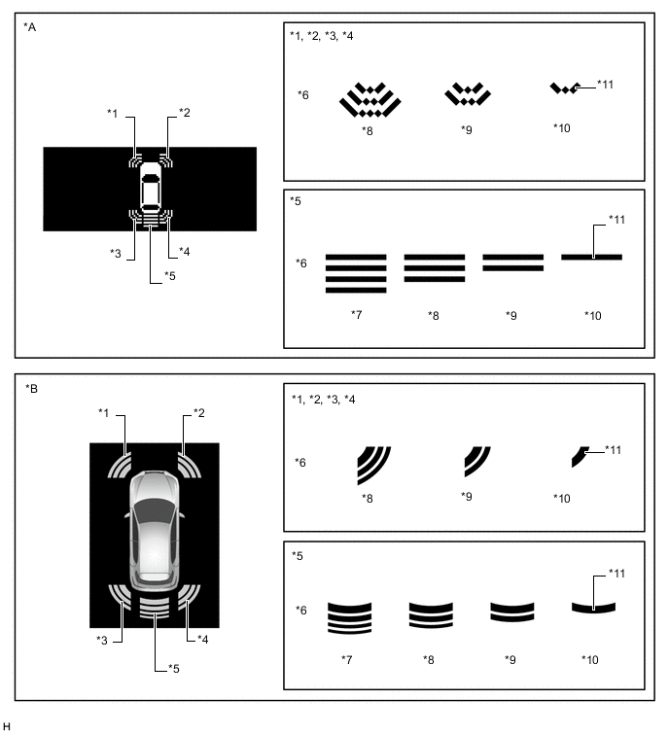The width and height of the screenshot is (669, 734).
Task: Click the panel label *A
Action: pyautogui.click(x=29, y=27)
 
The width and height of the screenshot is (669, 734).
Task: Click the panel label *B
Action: pyautogui.click(x=31, y=389)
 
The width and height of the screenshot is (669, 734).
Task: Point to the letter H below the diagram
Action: pyautogui.click(x=7, y=726)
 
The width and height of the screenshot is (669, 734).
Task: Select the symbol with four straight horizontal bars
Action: pyautogui.click(x=356, y=273)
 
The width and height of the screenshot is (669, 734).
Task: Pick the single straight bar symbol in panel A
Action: pyautogui.click(x=592, y=257)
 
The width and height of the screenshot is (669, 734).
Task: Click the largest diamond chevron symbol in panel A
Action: pyautogui.click(x=370, y=99)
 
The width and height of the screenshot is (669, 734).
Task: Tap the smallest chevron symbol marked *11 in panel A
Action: pyautogui.click(x=565, y=88)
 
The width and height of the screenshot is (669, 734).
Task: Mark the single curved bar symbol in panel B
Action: pyautogui.click(x=593, y=608)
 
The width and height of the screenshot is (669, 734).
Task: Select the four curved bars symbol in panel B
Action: pyautogui.click(x=350, y=618)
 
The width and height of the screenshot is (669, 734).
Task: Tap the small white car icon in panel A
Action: pyautogui.click(x=151, y=189)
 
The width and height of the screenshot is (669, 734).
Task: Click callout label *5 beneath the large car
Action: pyautogui.click(x=174, y=669)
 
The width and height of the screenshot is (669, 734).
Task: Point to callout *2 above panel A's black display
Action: pyautogui.click(x=185, y=113)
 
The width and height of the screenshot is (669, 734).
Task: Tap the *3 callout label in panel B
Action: pyautogui.click(x=102, y=640)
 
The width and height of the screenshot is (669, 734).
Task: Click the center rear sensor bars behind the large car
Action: pyautogui.click(x=155, y=608)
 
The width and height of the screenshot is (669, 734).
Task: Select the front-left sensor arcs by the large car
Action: pyautogui.click(x=120, y=466)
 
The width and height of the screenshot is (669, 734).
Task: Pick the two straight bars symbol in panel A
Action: pyautogui.click(x=513, y=262)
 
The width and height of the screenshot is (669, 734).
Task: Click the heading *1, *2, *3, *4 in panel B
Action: pyautogui.click(x=324, y=400)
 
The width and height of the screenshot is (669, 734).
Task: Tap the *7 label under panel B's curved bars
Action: pyautogui.click(x=347, y=659)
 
